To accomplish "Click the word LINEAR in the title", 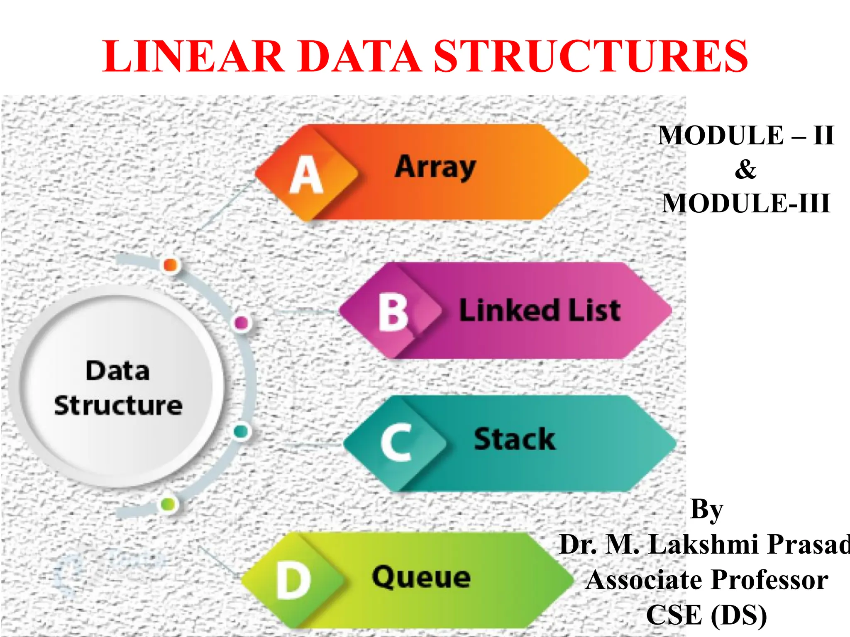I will [193, 56].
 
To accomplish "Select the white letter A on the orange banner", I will [306, 175].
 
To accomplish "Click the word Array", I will [435, 167].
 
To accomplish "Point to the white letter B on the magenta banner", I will [393, 313].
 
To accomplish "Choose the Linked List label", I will [540, 310].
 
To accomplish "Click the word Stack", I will [515, 439].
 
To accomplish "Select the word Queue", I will [421, 577].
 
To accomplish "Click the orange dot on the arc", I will [171, 265].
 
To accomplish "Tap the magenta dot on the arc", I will [242, 322].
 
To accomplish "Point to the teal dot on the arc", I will [241, 431].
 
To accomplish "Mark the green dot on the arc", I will [168, 504].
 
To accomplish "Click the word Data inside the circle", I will [117, 370].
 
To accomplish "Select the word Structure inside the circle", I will [118, 405].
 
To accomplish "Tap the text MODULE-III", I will [746, 203].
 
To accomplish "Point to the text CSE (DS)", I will [706, 615].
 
